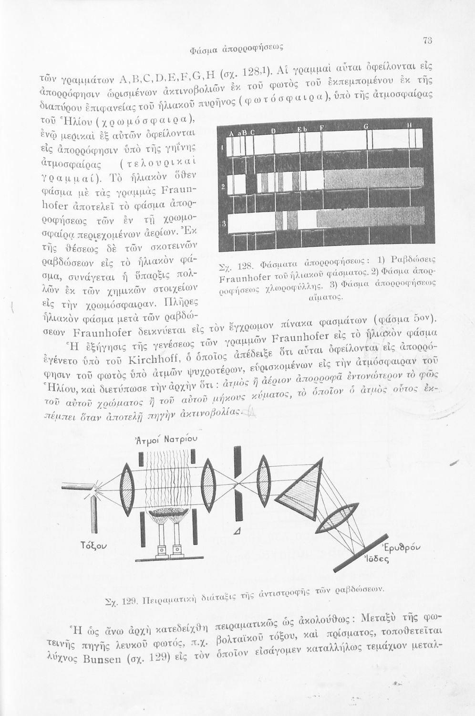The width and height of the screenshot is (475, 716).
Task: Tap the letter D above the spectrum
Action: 274,131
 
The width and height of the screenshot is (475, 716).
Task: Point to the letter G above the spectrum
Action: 366,126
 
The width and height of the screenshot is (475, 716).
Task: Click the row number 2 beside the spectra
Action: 223,186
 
